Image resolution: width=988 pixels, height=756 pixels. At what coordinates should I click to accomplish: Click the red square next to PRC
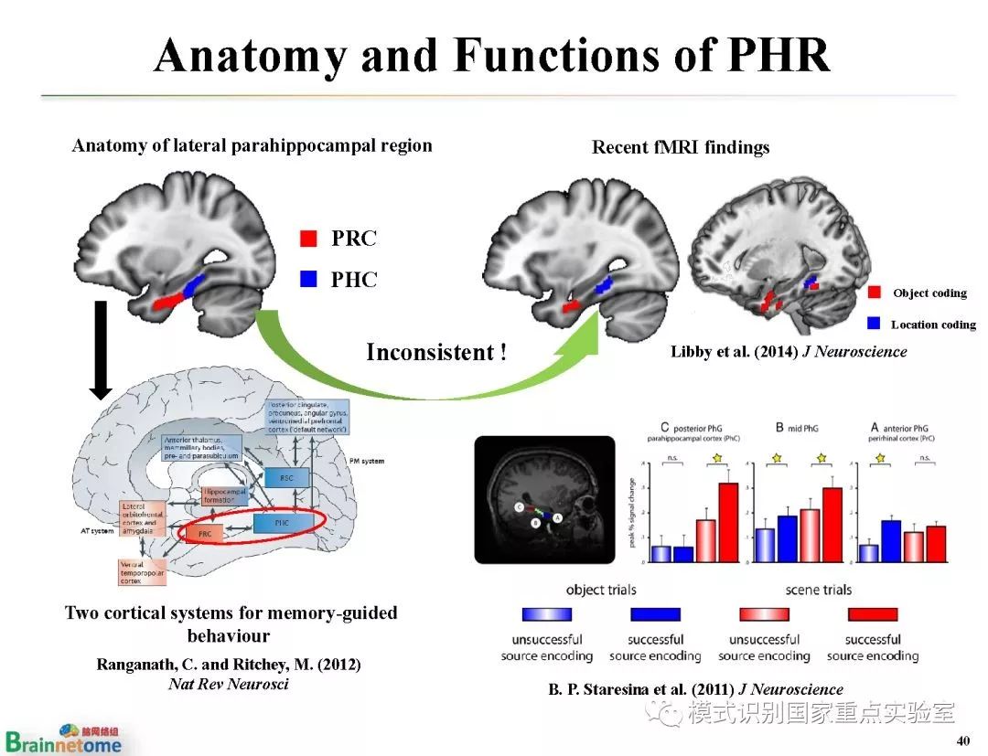308,240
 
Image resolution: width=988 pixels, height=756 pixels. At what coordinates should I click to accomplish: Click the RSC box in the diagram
286,476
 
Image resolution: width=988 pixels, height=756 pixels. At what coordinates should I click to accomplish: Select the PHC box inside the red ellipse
284,523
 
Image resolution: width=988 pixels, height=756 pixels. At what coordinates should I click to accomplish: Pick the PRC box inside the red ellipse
204,531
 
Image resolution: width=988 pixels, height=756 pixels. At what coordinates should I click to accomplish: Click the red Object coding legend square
875,293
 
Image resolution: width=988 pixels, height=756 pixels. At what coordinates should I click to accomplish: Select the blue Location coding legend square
874,324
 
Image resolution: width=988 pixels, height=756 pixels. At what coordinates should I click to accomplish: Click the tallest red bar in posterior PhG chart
727,521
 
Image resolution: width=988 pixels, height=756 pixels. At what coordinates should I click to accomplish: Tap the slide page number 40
961,740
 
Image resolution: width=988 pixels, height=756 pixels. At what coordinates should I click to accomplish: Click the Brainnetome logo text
64,743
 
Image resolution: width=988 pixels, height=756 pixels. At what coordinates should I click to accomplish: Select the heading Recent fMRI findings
681,147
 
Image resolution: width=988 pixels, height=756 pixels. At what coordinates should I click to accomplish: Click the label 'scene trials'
818,590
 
